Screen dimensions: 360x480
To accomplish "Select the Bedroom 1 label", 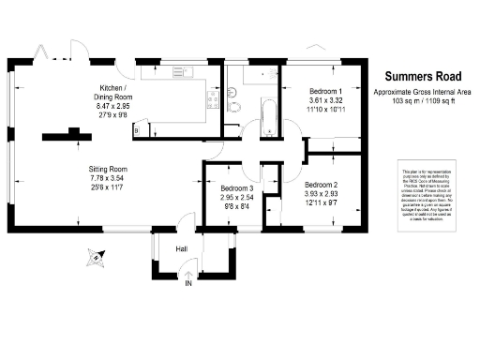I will [x=327, y=90].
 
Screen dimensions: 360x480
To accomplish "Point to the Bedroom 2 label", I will [x=322, y=186].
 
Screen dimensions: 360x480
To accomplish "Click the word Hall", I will [x=182, y=248].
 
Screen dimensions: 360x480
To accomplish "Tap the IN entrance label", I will [x=188, y=282].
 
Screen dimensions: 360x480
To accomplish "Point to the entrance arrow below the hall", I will [x=188, y=273].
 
